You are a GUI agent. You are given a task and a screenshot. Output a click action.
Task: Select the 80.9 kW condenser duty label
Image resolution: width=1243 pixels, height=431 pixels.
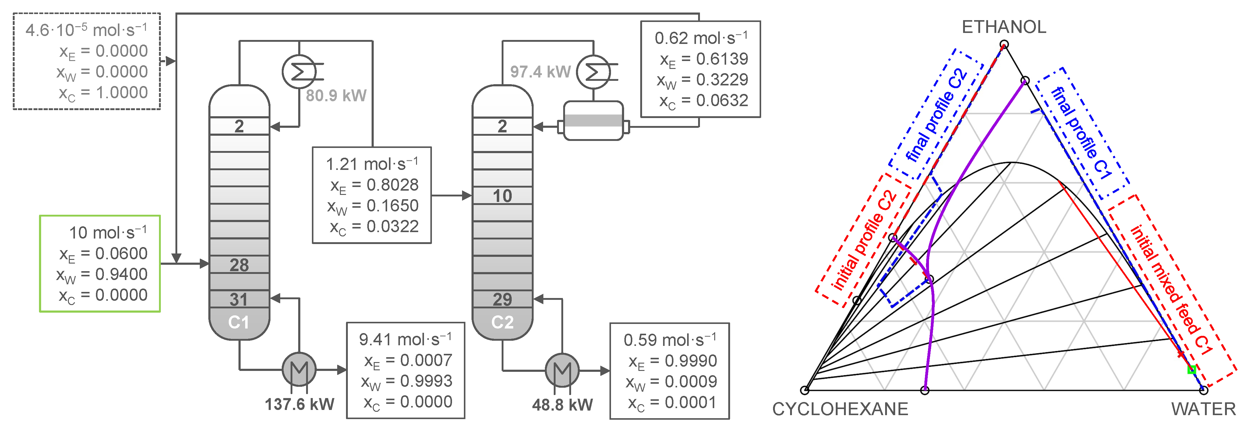coord(336,96)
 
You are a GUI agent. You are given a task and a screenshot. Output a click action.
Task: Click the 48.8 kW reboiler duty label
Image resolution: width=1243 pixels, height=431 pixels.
coord(562,405)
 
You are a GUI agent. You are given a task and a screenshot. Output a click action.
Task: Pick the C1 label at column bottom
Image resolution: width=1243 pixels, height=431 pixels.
coord(239,322)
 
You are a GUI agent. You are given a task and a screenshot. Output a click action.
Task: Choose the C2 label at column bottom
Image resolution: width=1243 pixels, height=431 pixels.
coord(502,322)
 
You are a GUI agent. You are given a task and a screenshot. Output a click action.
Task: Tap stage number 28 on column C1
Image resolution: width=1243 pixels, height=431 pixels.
coord(239,265)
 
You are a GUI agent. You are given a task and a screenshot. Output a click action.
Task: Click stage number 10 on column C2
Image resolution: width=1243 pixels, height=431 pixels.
coord(502,196)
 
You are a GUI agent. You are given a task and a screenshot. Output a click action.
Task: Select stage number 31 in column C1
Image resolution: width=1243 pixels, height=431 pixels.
coord(239,300)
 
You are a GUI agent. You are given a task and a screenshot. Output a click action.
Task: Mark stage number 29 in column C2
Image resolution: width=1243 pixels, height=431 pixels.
coord(502,300)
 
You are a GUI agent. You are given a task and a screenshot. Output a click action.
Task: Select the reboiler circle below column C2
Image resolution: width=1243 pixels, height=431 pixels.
coord(562,370)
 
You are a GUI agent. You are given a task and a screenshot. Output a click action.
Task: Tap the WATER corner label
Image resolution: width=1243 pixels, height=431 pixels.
coord(1203,409)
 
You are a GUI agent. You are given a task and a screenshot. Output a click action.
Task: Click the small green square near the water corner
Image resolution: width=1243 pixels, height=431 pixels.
coord(1191,370)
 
